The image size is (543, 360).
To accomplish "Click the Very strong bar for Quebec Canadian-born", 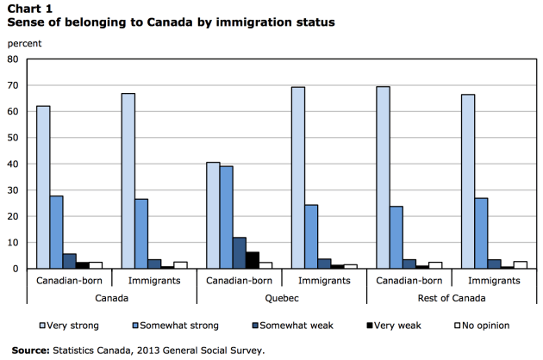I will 213,215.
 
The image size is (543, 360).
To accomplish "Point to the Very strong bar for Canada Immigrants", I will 128,181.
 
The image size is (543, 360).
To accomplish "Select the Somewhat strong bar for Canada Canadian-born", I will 56,232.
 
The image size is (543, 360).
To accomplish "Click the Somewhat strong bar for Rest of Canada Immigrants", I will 482,233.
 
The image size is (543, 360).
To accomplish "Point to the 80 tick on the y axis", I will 13,59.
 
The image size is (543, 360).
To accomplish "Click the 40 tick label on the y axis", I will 13,164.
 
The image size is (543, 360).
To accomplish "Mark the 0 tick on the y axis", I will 16,269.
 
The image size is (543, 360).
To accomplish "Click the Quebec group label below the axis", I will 282,298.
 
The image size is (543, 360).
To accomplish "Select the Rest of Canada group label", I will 452,298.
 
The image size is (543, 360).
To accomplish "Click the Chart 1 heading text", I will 29,8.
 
